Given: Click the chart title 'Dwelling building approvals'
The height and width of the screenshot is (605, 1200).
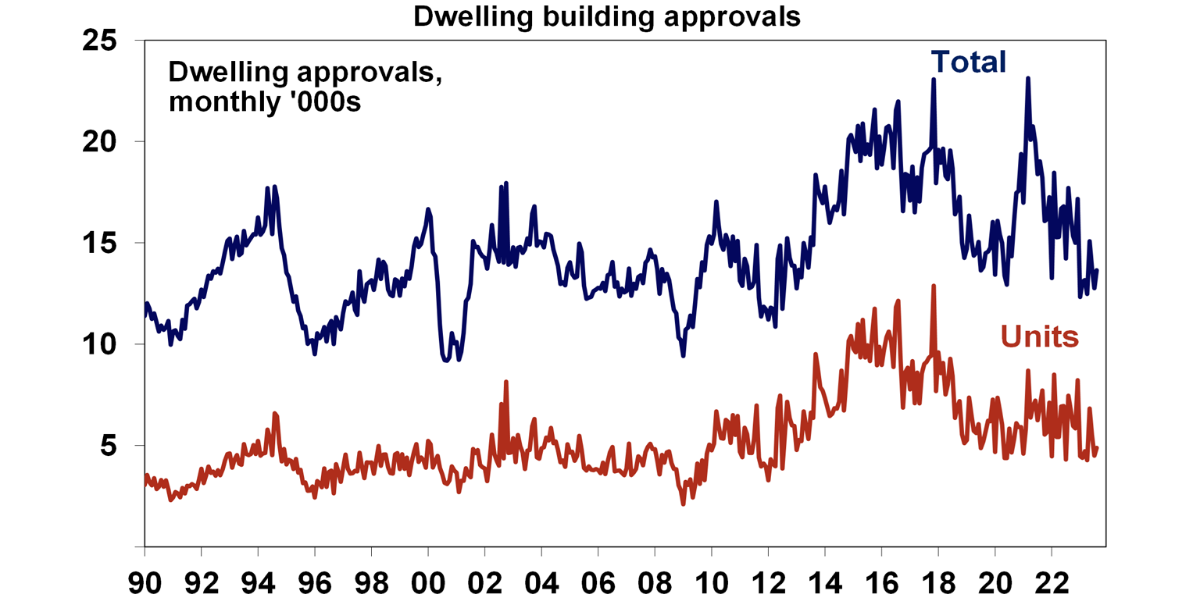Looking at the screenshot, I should click(x=606, y=16).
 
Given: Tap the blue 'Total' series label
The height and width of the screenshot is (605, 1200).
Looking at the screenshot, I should click(x=967, y=62).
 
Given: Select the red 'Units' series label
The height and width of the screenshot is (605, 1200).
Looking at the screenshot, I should click(x=1040, y=337).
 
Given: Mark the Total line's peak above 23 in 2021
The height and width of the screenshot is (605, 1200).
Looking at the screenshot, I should click(x=1028, y=78).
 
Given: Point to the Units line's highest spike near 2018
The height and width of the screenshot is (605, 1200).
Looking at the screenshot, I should click(x=934, y=286).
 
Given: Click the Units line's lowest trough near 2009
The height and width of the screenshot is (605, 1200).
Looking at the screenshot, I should click(x=683, y=504).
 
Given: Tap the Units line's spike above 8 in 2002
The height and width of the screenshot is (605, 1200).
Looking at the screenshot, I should click(x=506, y=382).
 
